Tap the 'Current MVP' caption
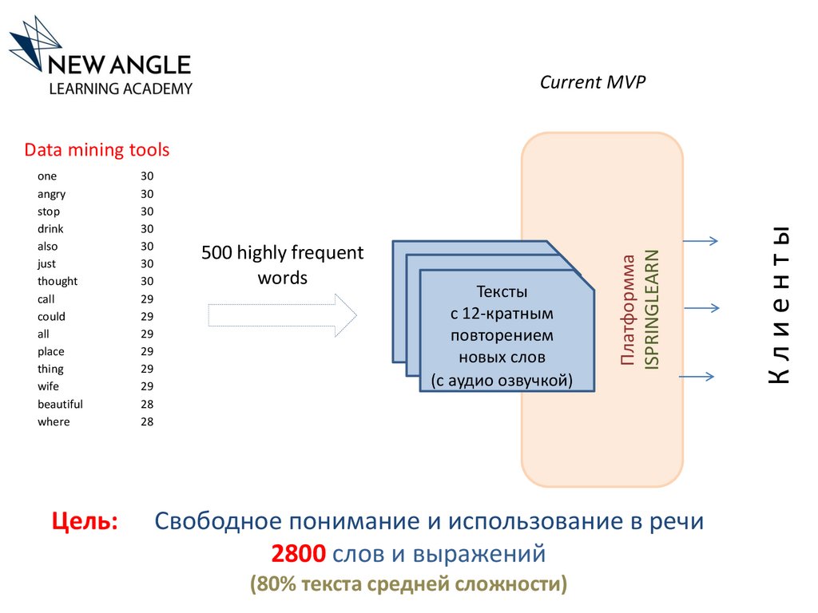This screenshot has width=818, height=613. [x=592, y=82]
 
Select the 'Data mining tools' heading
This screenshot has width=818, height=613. [x=97, y=150]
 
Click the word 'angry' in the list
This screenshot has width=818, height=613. [x=51, y=194]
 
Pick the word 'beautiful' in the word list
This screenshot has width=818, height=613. [x=60, y=404]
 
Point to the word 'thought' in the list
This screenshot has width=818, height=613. [x=58, y=281]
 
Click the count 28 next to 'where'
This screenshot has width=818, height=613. [x=147, y=421]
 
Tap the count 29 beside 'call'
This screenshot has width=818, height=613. [x=147, y=299]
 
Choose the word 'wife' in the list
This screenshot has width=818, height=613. [x=48, y=386]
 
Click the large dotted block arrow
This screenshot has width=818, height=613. [x=282, y=315]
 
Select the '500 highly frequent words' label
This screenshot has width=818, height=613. [x=282, y=265]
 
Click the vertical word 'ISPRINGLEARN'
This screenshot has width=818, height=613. [x=651, y=309]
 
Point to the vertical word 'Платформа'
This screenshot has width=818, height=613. [x=629, y=310]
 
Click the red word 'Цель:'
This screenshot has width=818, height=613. [x=85, y=522]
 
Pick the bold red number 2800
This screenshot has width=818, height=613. [x=300, y=552]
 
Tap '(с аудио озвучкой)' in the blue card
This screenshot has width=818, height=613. [x=502, y=380]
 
